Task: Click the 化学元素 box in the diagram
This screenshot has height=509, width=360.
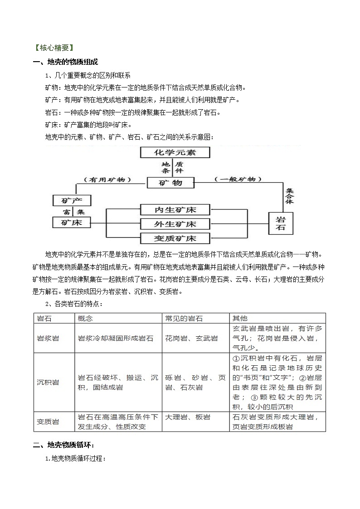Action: pos(175,152)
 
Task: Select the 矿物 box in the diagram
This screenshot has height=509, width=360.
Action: pos(171,183)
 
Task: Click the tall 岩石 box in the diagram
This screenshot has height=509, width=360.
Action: pos(281,223)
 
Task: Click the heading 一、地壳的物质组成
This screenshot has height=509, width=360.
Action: pos(65,62)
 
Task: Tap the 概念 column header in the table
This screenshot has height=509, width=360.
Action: pos(85,319)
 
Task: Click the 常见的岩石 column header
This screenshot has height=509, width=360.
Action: pos(182,319)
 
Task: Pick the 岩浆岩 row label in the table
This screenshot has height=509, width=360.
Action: pos(48,338)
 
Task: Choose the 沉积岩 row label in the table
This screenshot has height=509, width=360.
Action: pos(48,382)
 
